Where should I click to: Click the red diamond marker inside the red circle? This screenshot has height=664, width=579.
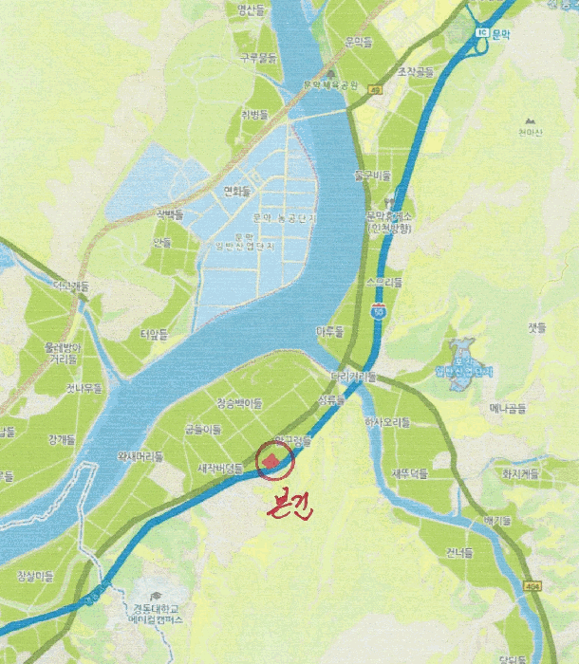pos(272,461)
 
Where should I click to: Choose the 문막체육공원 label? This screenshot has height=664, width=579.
pos(330,84)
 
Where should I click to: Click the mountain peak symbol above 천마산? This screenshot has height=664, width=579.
pos(529,121)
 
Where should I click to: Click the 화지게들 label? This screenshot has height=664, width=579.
pos(520,472)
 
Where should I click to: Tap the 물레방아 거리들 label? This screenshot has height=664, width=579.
pos(63,353)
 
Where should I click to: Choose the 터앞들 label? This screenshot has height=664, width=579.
pos(153,333)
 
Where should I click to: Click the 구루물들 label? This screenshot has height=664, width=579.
pos(258,57)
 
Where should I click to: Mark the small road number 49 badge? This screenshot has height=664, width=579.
pos(377,90)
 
